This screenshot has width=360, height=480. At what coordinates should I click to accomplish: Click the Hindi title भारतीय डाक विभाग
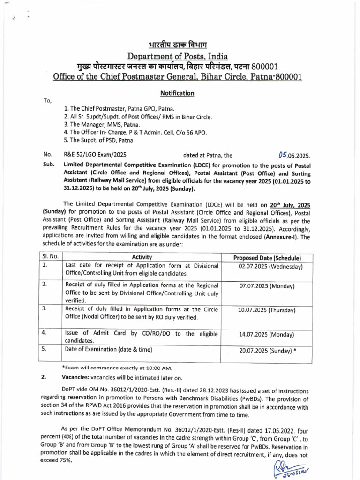click(180, 46)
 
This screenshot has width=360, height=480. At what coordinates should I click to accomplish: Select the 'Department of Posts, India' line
click(180, 57)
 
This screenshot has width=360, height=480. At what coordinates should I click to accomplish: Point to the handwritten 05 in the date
click(282, 154)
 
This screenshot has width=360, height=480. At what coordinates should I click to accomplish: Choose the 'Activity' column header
click(142, 257)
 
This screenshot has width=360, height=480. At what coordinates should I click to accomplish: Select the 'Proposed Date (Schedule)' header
click(267, 258)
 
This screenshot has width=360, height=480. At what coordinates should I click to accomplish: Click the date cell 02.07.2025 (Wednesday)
click(267, 266)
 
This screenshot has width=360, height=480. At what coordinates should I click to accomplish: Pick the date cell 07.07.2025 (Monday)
click(267, 286)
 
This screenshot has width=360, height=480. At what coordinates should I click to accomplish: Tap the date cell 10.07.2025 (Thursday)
click(267, 310)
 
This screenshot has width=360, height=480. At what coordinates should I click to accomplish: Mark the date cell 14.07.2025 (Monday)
click(267, 335)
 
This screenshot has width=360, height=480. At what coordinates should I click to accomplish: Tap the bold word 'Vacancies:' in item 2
click(75, 378)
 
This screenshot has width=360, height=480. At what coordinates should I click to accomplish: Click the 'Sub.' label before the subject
click(47, 166)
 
